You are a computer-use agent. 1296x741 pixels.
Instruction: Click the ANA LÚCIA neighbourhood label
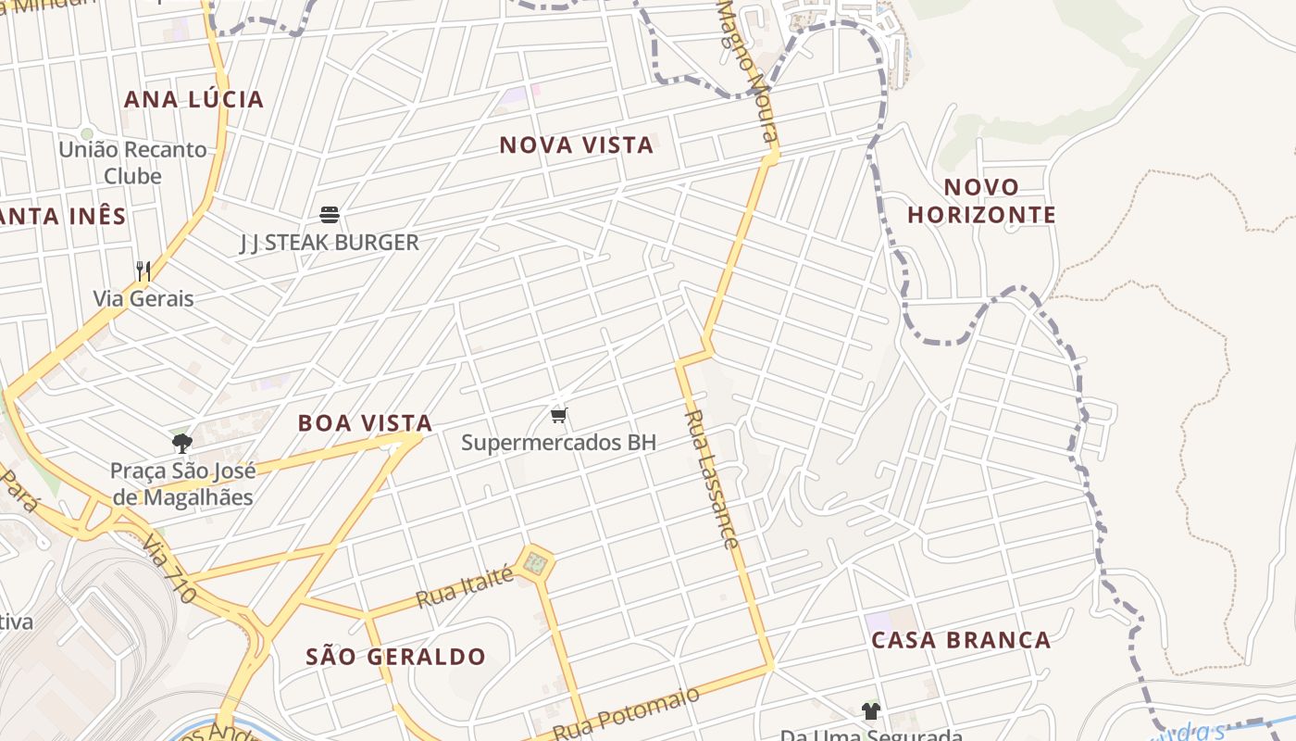pos(193,99)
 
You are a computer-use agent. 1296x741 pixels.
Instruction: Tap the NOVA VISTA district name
pos(576,144)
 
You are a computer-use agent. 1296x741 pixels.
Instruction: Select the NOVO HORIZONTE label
pos(981,201)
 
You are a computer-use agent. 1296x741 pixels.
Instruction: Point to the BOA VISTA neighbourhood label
pos(365,423)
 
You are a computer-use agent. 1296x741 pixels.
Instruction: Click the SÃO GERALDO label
pos(395,657)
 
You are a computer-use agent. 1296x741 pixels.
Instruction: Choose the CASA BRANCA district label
pos(961,640)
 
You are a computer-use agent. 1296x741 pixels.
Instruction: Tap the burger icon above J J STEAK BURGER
pos(330,215)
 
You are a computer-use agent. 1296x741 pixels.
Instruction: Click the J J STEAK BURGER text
pos(330,243)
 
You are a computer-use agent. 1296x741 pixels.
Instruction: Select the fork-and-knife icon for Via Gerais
pos(143,270)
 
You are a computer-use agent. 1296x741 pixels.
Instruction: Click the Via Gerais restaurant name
pos(143,298)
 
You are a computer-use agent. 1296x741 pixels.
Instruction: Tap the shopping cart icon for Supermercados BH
pos(558,414)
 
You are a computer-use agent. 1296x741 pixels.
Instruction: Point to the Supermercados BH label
pos(558,443)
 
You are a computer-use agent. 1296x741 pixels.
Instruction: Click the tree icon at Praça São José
pos(181,443)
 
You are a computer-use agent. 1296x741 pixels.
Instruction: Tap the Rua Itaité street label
pos(465,588)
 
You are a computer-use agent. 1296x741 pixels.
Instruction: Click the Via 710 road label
pos(169,569)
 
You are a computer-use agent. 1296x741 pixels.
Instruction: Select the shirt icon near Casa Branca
pos(870,711)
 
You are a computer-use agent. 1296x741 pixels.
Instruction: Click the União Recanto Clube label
pos(132,162)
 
